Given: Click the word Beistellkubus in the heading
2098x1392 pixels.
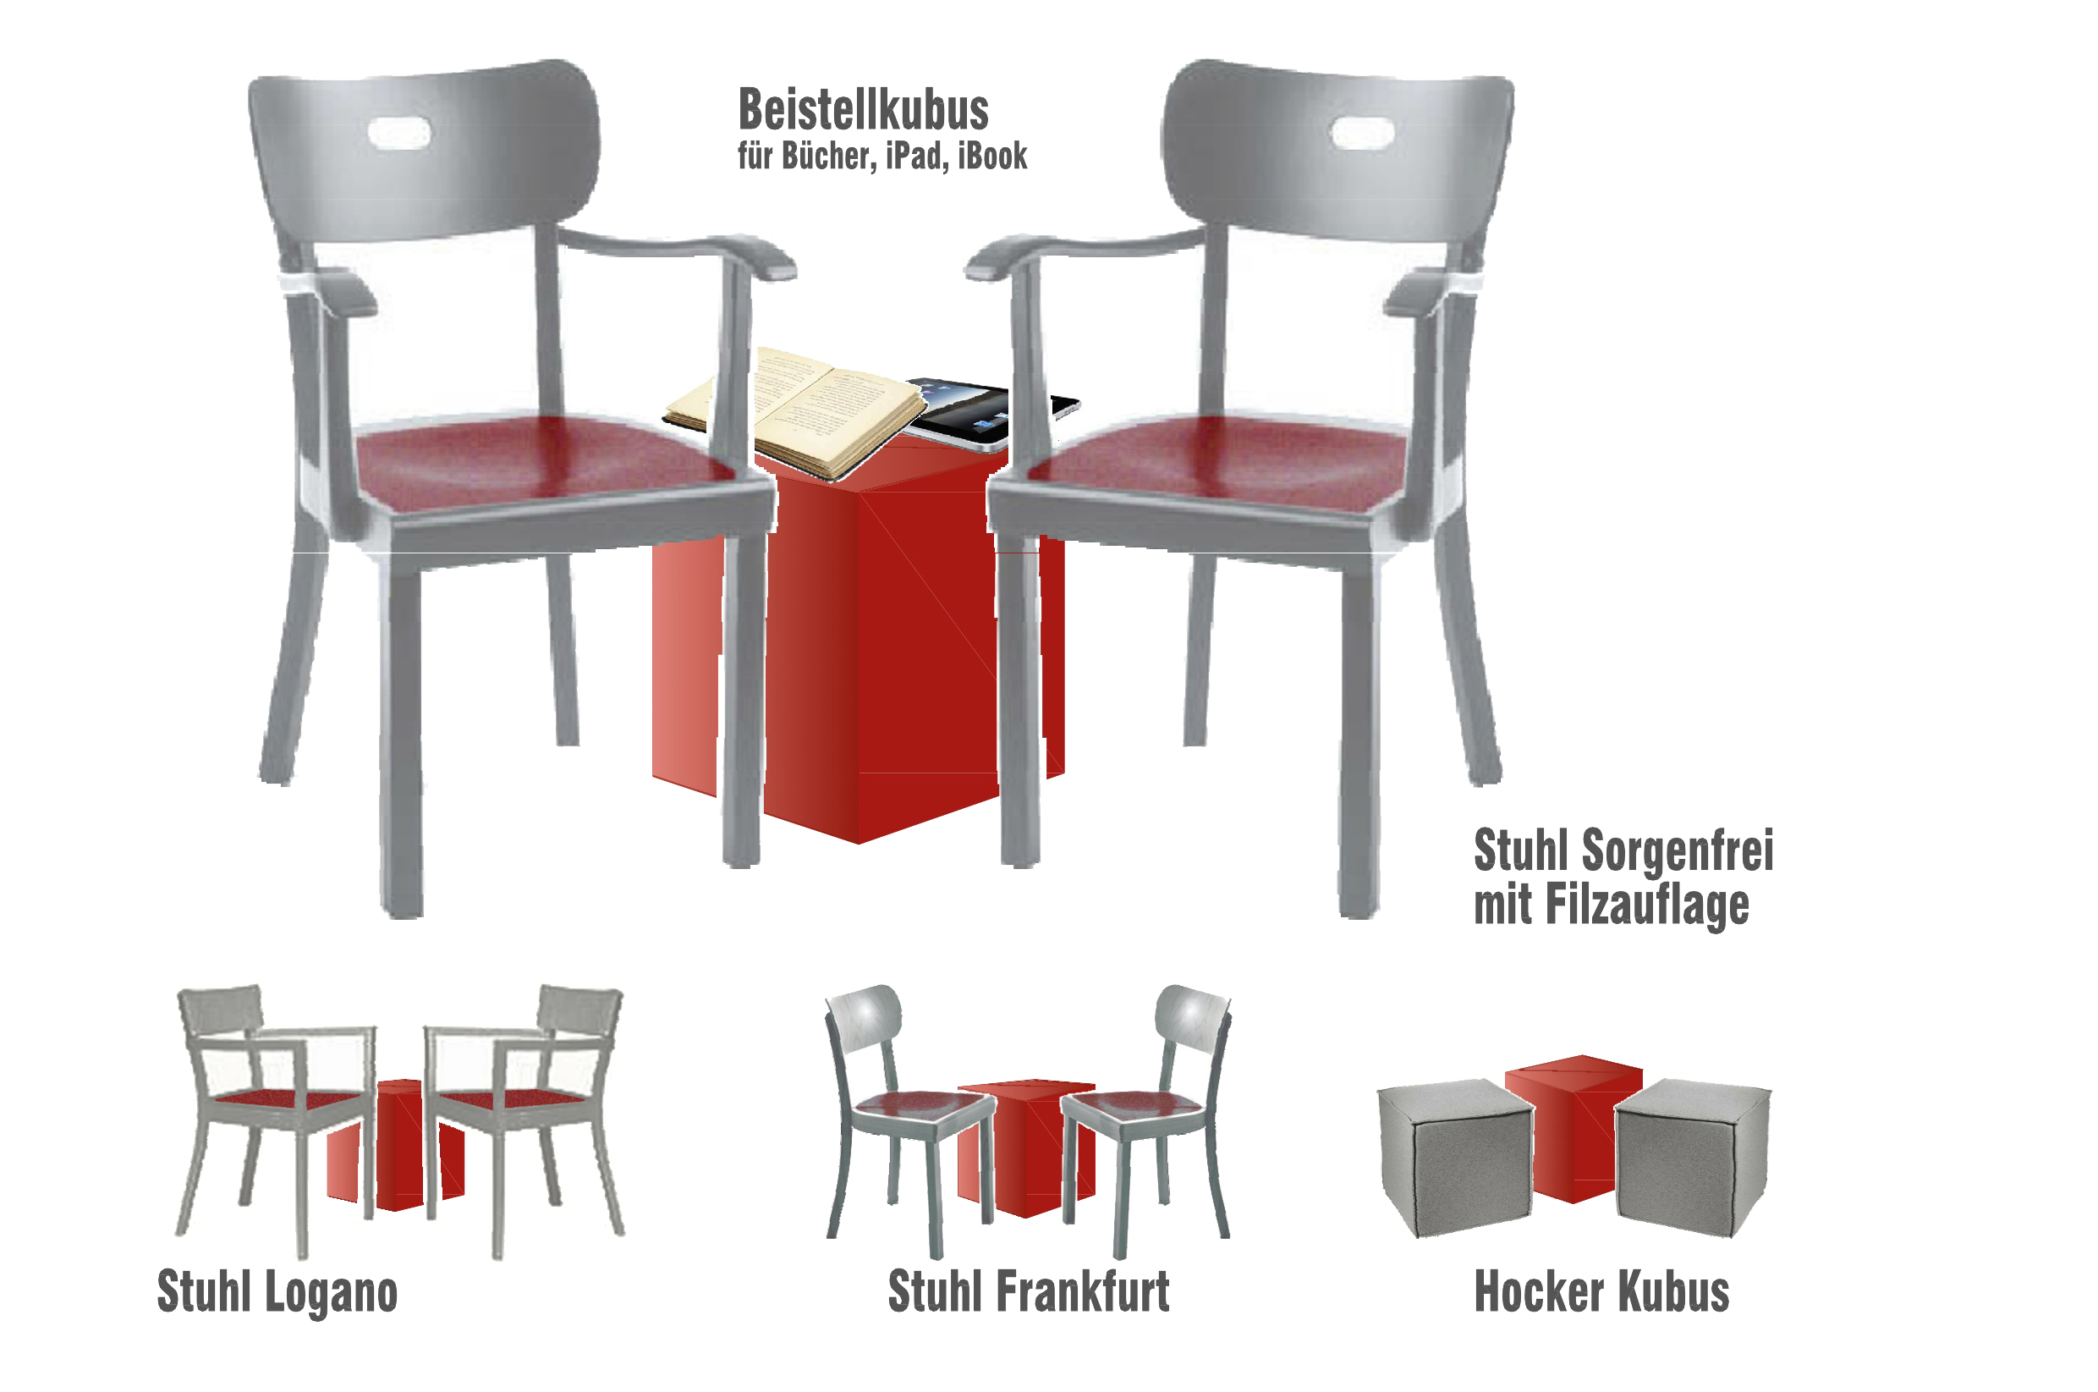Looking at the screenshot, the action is coord(864,110).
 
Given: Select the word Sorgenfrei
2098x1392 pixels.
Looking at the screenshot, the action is coord(1678,850).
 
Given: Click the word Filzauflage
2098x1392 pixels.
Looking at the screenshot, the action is coord(1648,906).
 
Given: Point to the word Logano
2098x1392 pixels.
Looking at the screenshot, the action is coord(331,1294).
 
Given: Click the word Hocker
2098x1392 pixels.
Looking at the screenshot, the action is coord(1540,1291).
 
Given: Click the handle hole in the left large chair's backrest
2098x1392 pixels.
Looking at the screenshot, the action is coord(399,134).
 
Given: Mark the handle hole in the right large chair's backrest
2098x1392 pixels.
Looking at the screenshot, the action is coord(1360,134).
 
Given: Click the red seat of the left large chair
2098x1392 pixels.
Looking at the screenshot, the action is coord(541,462).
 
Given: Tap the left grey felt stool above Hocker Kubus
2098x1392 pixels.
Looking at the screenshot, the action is coord(1455,1158).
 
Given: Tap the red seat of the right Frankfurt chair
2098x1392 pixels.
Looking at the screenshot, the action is coord(1134,1104).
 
